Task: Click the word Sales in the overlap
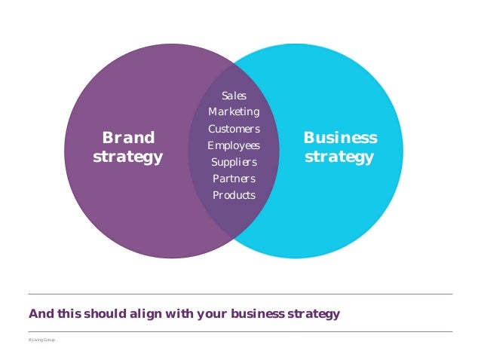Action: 234,96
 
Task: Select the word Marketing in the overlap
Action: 234,112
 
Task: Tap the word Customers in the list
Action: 234,129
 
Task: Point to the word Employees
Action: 234,145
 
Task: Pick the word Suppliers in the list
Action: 234,162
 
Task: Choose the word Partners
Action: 234,178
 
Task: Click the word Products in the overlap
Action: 234,195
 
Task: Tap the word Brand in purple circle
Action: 128,138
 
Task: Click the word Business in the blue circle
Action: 340,138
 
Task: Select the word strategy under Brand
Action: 127,157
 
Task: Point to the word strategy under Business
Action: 339,157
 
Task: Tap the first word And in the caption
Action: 40,313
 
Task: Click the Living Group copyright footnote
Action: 41,340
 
